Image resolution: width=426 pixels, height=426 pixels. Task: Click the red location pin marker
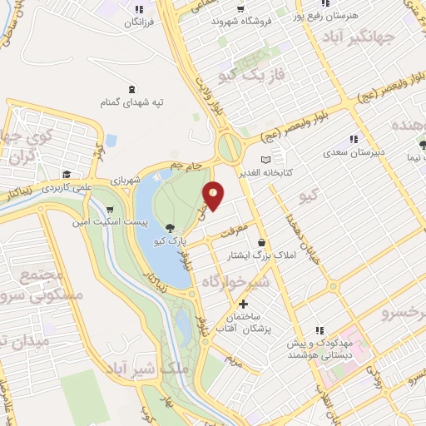pyautogui.click(x=213, y=196)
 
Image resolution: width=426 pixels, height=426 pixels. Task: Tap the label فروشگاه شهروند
pyautogui.click(x=249, y=21)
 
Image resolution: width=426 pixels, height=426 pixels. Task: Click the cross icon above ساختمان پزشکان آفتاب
pyautogui.click(x=243, y=304)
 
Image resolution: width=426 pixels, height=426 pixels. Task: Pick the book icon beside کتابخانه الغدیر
pyautogui.click(x=265, y=159)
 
